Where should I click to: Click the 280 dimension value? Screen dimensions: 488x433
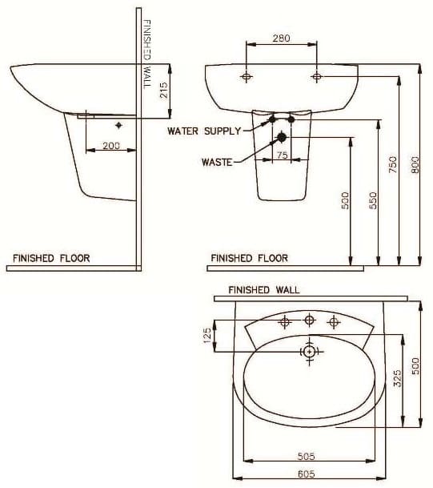pos(281,37)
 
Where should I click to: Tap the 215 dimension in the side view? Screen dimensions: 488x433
pos(163,90)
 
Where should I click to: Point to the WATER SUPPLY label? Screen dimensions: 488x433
pos(203,130)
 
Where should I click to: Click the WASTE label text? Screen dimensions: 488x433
pos(217,162)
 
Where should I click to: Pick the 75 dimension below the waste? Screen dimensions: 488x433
pos(282,155)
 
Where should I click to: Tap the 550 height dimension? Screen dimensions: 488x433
pos(372,200)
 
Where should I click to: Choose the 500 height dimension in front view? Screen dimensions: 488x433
pos(346,200)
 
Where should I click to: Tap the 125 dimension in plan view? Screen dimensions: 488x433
pos(207,335)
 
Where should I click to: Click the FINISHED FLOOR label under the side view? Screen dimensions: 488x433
pos(51,258)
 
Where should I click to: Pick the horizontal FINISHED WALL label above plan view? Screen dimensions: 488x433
pos(263,290)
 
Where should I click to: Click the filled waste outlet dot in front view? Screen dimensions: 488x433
pos(281,137)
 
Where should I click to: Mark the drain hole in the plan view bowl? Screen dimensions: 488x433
pos(310,351)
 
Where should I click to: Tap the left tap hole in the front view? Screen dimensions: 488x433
pos(247,77)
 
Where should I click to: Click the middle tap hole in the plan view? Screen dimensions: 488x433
pos(310,321)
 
